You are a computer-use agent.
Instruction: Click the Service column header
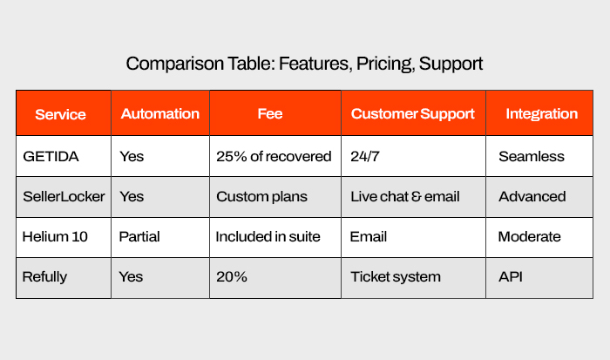click(60, 114)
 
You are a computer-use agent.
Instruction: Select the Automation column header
click(159, 113)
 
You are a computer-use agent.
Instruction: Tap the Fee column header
click(270, 113)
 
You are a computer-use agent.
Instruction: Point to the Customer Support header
click(413, 113)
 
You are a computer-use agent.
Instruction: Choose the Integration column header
click(541, 113)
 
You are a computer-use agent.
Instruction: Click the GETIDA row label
click(51, 156)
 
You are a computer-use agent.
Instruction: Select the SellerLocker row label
click(64, 196)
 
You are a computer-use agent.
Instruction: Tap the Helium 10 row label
click(55, 236)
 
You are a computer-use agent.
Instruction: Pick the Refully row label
click(44, 277)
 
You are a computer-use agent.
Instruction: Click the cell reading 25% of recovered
click(274, 156)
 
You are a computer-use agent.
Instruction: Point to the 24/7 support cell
click(365, 156)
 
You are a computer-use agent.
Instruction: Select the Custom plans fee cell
click(261, 197)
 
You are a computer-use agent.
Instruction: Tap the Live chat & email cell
click(405, 196)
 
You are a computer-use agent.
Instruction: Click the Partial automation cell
click(139, 236)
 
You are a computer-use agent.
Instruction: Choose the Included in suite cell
click(268, 236)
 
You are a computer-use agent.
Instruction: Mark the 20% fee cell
click(232, 276)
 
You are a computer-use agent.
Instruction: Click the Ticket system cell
click(396, 277)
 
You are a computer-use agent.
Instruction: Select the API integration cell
click(511, 276)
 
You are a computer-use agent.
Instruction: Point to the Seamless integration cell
click(532, 156)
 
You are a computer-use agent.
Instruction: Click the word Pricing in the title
click(384, 64)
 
